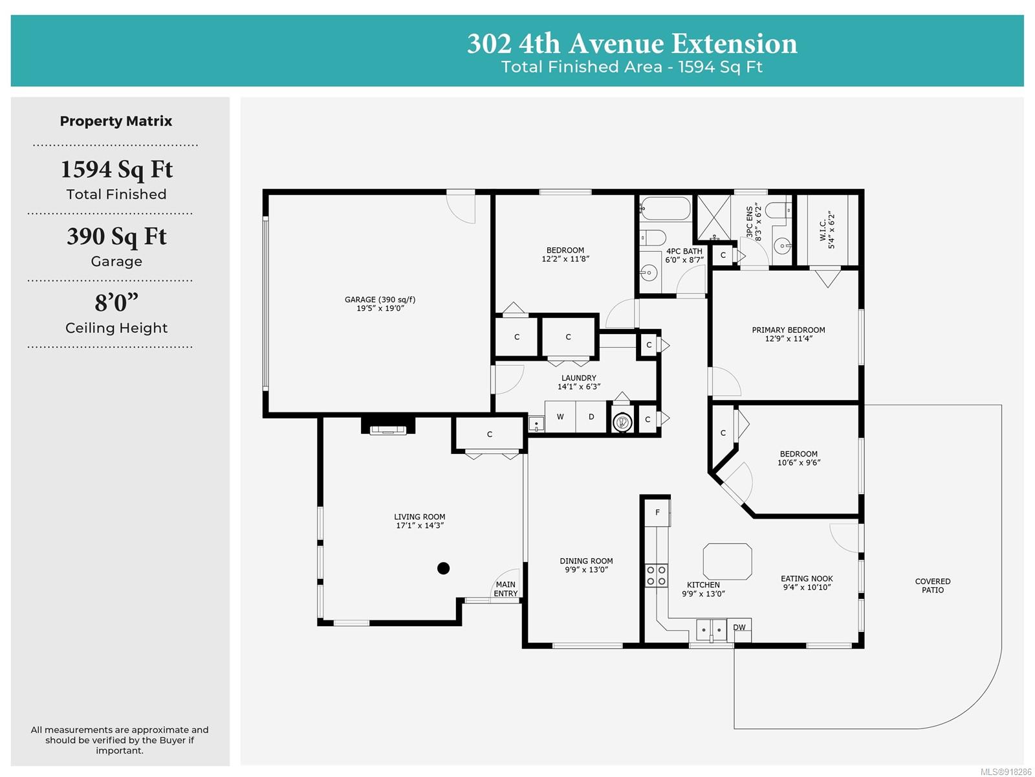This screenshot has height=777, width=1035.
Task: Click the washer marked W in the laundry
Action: click(560, 416)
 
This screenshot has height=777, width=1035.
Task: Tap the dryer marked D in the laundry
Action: click(591, 416)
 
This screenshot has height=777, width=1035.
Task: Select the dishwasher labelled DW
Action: click(742, 630)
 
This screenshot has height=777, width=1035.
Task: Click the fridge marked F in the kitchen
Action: click(658, 512)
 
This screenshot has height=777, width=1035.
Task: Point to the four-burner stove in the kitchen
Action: click(657, 576)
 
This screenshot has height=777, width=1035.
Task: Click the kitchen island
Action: click(727, 561)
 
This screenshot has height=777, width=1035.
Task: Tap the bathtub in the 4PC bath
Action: click(665, 208)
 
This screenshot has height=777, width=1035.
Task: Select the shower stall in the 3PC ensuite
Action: click(714, 216)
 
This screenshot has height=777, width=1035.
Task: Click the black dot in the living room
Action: click(442, 568)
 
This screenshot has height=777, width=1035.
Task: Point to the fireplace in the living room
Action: click(387, 425)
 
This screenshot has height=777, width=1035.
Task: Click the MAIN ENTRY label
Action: click(505, 589)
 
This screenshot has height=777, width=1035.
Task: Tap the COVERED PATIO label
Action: click(932, 585)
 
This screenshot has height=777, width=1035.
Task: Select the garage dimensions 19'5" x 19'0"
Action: click(380, 309)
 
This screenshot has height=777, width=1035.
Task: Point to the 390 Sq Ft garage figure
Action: click(116, 236)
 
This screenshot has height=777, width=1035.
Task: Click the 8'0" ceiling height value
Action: click(116, 302)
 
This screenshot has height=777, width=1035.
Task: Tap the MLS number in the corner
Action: click(1006, 772)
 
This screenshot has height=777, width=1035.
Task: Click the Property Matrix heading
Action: click(116, 121)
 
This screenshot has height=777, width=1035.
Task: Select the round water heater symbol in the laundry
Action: click(622, 422)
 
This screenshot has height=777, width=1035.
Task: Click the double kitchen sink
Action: click(712, 630)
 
